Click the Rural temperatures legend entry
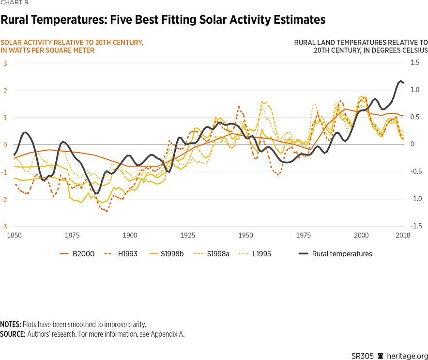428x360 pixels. (x=342, y=253)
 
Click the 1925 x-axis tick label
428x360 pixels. (x=187, y=235)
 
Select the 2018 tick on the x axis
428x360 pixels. (x=403, y=235)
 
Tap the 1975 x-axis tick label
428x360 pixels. (x=303, y=235)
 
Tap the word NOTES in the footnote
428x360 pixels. (x=10, y=324)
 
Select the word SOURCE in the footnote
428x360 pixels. (x=13, y=334)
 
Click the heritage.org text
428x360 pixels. (x=405, y=356)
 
